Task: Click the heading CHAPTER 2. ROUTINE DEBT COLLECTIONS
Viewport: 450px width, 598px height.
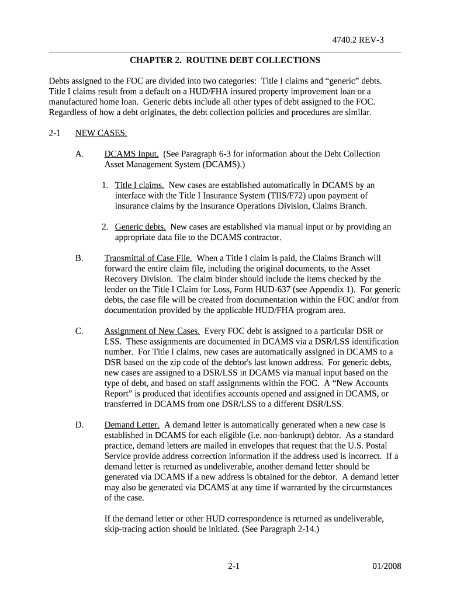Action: pos(224,60)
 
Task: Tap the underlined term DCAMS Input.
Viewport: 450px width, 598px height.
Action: pos(131,154)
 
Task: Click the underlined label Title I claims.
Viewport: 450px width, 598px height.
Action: pos(140,185)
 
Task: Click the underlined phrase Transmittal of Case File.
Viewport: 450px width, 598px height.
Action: pos(148,258)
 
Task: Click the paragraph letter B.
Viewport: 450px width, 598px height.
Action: pos(79,258)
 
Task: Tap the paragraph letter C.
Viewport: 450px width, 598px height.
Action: pos(79,331)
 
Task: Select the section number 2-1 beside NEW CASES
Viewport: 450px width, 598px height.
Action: pos(55,133)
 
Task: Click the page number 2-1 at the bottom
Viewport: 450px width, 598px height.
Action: pos(234,566)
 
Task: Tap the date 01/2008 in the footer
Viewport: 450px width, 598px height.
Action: pos(386,566)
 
